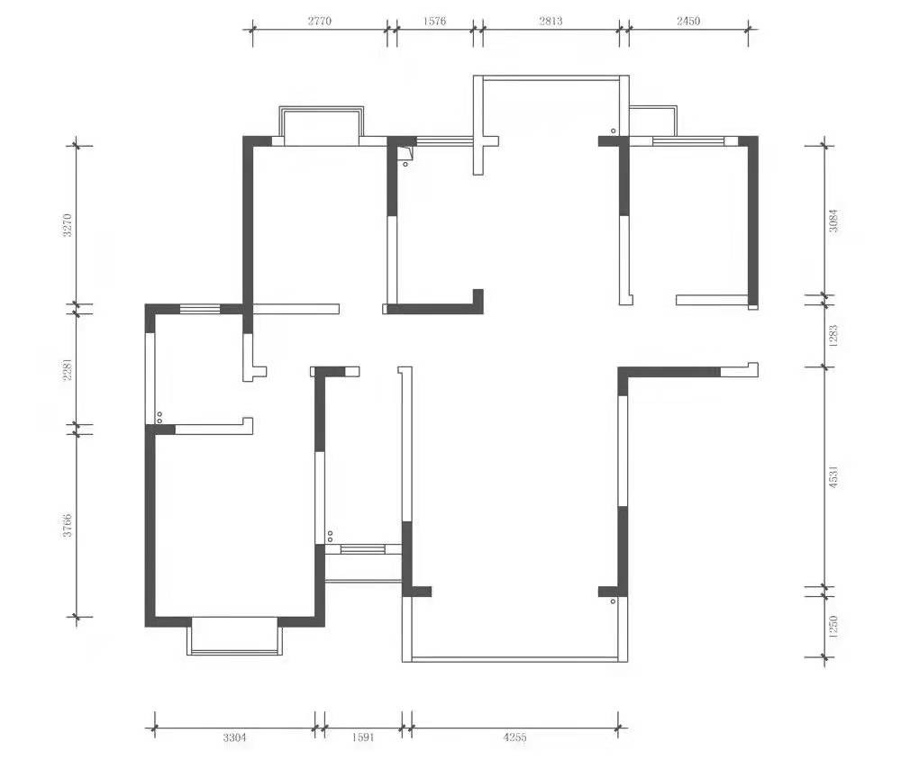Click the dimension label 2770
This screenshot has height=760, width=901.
pyautogui.click(x=320, y=22)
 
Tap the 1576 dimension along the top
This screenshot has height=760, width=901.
pyautogui.click(x=434, y=22)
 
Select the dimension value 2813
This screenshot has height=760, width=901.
pyautogui.click(x=551, y=22)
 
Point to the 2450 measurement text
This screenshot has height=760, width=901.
pyautogui.click(x=688, y=22)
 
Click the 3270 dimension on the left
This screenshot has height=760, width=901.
pyautogui.click(x=68, y=225)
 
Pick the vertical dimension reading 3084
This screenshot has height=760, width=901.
pyautogui.click(x=833, y=221)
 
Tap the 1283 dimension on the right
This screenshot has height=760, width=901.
pyautogui.click(x=833, y=336)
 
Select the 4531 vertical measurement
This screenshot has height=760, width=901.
pyautogui.click(x=833, y=476)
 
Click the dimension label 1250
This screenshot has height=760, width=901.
pyautogui.click(x=833, y=626)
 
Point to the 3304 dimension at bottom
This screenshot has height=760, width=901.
pyautogui.click(x=234, y=737)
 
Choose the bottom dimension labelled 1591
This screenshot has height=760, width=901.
pyautogui.click(x=363, y=737)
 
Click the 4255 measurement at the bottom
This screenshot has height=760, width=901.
pyautogui.click(x=514, y=737)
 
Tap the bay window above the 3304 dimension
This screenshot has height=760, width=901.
pyautogui.click(x=235, y=653)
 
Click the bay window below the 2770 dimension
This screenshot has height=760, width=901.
pyautogui.click(x=322, y=107)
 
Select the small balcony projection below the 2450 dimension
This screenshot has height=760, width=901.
pyautogui.click(x=653, y=107)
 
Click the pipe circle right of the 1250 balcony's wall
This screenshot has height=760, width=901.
pyautogui.click(x=613, y=602)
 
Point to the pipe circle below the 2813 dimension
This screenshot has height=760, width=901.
pyautogui.click(x=613, y=131)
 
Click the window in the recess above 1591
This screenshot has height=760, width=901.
pyautogui.click(x=362, y=549)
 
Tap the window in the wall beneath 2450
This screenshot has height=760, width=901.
pyautogui.click(x=687, y=140)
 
